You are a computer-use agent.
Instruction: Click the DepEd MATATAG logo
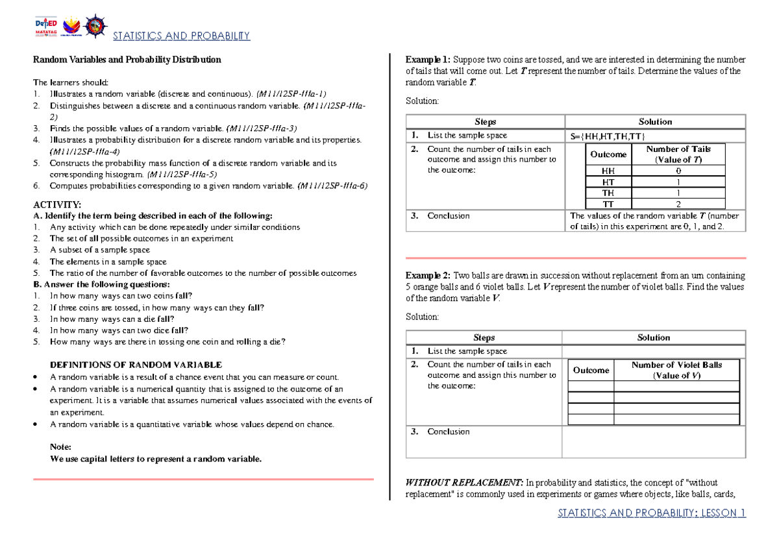pos(47,27)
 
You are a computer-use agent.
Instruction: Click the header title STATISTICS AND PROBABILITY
pos(181,36)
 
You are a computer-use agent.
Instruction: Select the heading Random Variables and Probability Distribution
pos(127,60)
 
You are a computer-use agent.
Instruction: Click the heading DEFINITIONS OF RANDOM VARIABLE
pos(136,365)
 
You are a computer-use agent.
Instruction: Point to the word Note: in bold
pos(60,447)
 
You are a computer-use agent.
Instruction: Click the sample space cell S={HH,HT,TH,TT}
pos(607,136)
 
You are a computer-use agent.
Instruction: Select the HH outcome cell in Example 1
pos(608,170)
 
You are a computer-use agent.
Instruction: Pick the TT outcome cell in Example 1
pos(608,204)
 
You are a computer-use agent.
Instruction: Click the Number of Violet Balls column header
pos(676,370)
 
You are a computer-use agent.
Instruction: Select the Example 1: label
pos(428,59)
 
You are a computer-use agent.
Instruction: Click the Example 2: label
pos(428,275)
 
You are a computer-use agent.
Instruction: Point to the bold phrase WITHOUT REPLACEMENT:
pos(464,483)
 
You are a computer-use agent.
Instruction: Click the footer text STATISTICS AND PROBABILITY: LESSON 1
pos(652,513)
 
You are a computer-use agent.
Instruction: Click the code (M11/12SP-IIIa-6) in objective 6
pos(332,186)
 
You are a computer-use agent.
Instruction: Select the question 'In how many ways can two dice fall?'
pos(119,330)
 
